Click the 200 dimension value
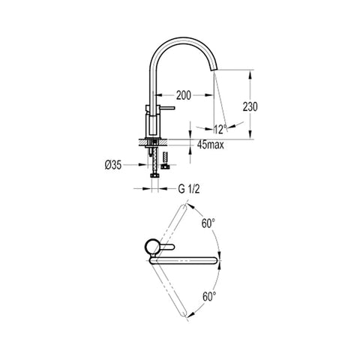[x=184, y=95]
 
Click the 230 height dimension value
[x=250, y=106]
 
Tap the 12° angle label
[x=220, y=129]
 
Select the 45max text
[x=211, y=145]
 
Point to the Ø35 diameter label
[x=113, y=165]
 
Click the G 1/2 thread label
[x=189, y=189]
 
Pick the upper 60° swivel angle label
[x=208, y=223]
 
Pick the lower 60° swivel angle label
[x=209, y=297]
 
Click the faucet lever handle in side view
[x=166, y=108]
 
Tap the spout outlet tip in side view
[x=215, y=70]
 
